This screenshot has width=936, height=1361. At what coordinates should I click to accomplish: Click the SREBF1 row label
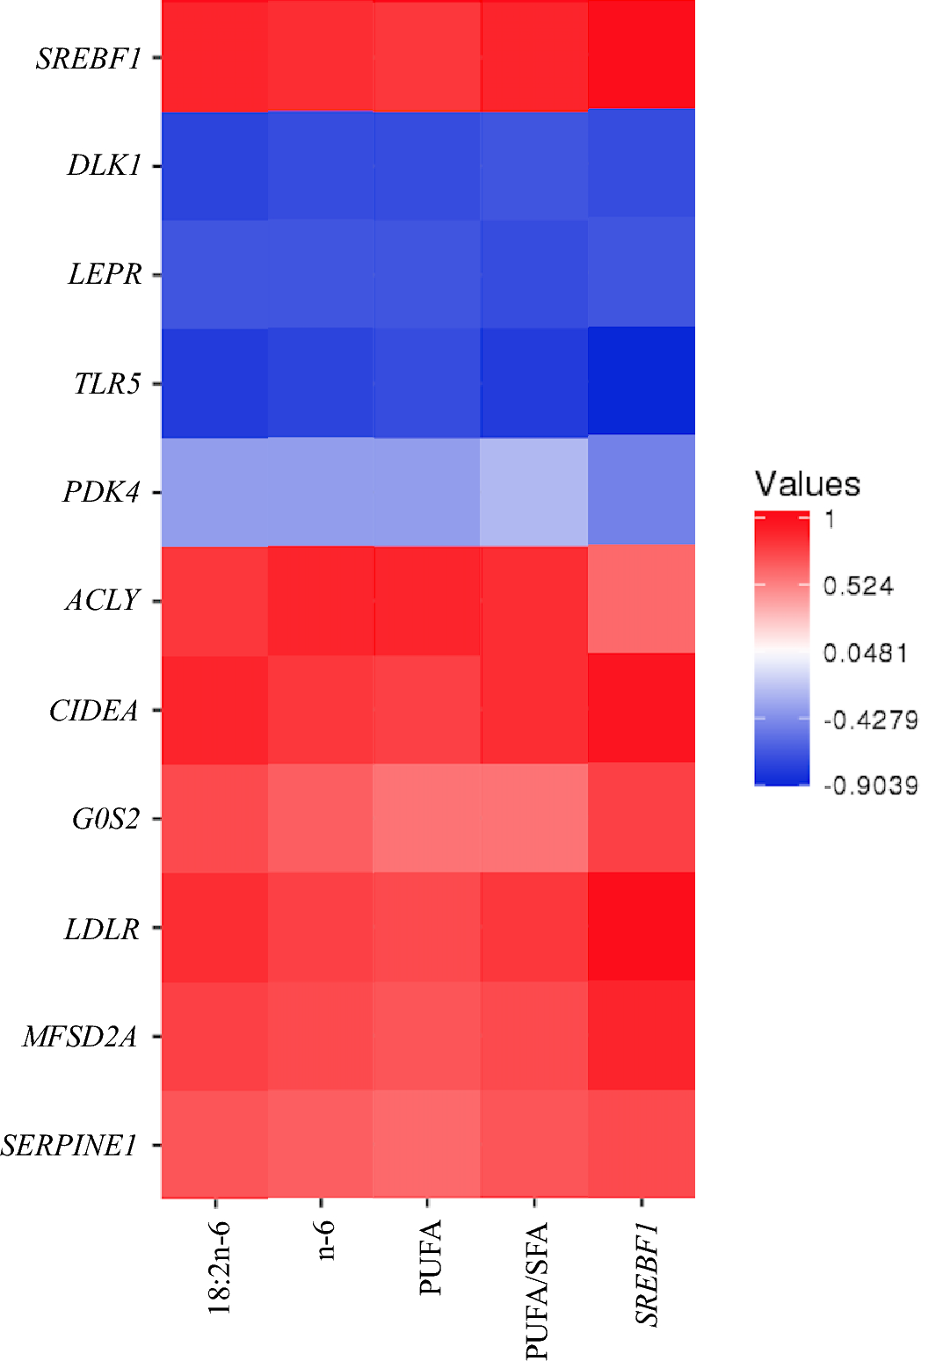[88, 58]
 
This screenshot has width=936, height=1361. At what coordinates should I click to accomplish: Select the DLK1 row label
[104, 165]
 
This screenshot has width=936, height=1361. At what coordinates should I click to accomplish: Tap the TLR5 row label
[106, 383]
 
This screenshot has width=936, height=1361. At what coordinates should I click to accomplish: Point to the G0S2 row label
[105, 819]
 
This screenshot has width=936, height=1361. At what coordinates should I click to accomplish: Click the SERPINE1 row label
[69, 1145]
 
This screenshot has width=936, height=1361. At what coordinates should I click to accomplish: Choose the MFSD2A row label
[80, 1037]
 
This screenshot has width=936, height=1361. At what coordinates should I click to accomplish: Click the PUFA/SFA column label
[536, 1290]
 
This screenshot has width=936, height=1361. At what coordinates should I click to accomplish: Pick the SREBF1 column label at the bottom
[646, 1273]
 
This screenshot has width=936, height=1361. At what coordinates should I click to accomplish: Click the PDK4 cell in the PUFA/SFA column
[534, 492]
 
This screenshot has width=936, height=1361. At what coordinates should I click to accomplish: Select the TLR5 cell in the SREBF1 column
[642, 382]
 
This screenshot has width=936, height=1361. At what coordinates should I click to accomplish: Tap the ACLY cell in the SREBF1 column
[642, 600]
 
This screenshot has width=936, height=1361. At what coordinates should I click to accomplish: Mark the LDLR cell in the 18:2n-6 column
[215, 927]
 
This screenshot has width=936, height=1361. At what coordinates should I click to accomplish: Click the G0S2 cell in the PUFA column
[427, 818]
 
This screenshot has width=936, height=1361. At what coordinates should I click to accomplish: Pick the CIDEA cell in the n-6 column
[321, 710]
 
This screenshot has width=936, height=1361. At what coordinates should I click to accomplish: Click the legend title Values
[807, 484]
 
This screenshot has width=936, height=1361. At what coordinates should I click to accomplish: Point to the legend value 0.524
[858, 586]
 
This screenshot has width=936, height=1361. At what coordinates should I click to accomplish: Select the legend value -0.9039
[870, 785]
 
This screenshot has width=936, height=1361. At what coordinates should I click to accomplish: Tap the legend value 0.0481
[865, 653]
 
